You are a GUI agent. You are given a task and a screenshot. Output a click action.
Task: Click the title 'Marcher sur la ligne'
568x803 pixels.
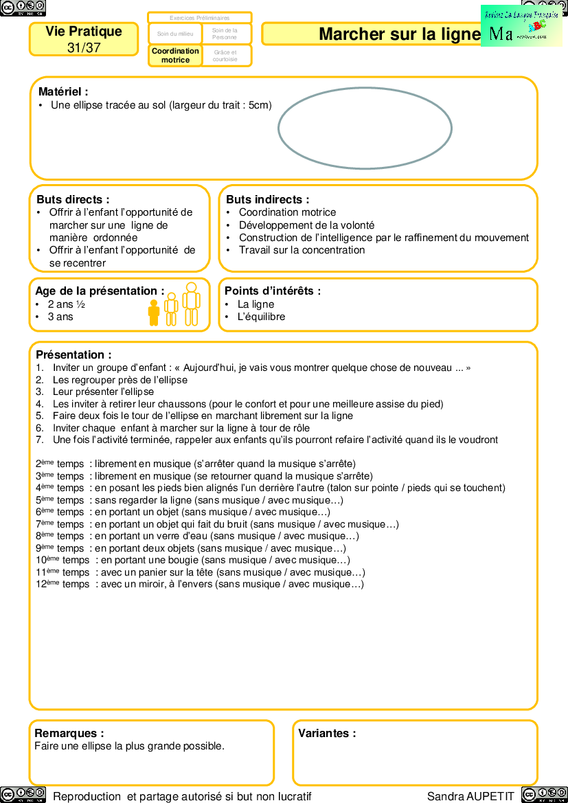tap(399, 34)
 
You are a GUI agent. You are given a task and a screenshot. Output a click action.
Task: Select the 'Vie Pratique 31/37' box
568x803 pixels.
tap(84, 39)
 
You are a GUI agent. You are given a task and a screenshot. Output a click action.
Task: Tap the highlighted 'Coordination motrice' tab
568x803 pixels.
tap(175, 56)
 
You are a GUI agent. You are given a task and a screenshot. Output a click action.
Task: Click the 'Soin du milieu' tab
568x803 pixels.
tap(175, 34)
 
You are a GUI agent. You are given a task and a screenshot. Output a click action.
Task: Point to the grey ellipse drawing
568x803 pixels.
tap(365, 128)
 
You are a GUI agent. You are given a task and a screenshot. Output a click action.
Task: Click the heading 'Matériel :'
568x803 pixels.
tap(63, 91)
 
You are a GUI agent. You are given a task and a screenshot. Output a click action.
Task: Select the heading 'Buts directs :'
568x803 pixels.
tap(73, 199)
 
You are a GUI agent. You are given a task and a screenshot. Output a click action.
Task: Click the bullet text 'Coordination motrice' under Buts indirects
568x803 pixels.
tap(287, 212)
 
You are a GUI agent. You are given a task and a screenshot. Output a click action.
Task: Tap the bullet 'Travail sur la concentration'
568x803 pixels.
tap(302, 250)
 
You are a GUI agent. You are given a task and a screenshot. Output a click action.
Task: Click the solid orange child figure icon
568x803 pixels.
tap(154, 313)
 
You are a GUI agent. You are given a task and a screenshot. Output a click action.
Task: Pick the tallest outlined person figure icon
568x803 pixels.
tap(191, 304)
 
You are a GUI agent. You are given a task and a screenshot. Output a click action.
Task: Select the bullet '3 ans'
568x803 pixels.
tap(60, 317)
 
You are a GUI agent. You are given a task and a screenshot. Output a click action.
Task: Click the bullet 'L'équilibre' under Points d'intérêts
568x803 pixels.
tap(261, 317)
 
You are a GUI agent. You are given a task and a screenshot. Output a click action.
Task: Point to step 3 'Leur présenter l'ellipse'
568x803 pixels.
tap(103, 392)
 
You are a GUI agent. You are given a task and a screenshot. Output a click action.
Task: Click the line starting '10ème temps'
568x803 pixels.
tap(192, 560)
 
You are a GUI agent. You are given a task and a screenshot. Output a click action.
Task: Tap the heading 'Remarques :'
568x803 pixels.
tap(69, 733)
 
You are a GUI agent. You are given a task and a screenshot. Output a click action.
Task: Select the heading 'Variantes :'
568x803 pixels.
tap(327, 733)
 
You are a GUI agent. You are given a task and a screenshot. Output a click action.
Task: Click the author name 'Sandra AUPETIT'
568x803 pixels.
tap(470, 796)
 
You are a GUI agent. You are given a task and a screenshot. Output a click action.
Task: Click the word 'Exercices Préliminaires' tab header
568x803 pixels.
tap(199, 18)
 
